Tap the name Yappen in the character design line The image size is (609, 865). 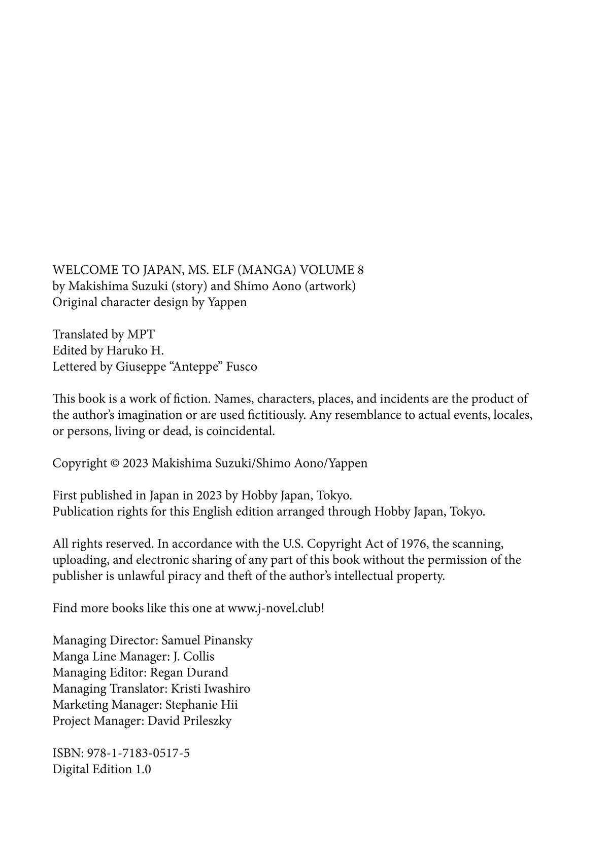[x=227, y=302]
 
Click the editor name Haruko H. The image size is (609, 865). [x=135, y=350]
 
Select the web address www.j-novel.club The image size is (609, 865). [x=274, y=608]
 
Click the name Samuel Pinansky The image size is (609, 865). [x=207, y=640]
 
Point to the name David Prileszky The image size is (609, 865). [x=189, y=721]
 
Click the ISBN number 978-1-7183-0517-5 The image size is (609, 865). [x=139, y=753]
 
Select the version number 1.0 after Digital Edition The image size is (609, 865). [x=143, y=769]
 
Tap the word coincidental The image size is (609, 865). [x=240, y=431]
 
